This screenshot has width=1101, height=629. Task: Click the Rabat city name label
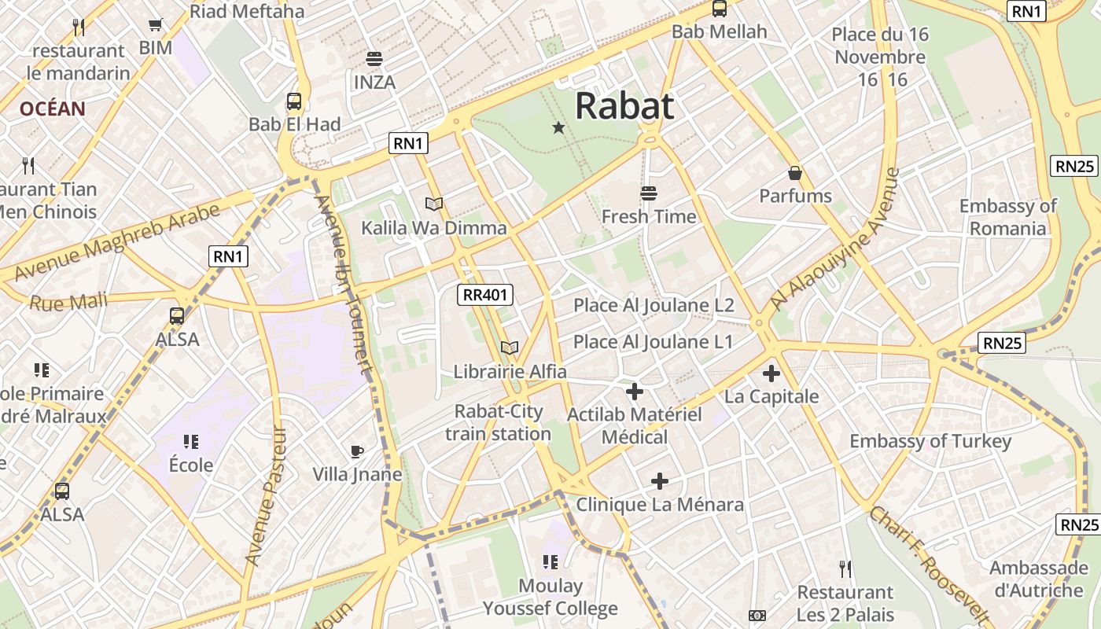(624, 106)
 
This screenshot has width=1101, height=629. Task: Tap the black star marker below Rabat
(558, 127)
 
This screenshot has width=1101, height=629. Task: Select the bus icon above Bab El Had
(294, 101)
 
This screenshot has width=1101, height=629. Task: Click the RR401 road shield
(485, 295)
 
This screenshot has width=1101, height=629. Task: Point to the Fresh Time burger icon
(649, 193)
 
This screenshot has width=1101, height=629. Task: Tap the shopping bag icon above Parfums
(795, 173)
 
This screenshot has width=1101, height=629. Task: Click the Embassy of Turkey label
(930, 441)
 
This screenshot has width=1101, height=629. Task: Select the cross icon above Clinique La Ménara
(660, 480)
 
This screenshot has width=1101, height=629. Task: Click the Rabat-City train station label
(498, 422)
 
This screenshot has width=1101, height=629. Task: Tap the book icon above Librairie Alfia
(510, 348)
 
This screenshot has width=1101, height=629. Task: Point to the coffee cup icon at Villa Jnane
(357, 451)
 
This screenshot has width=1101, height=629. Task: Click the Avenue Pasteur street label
(265, 497)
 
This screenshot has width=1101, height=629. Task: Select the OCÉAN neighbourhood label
(52, 109)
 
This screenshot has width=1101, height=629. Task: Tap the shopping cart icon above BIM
(156, 25)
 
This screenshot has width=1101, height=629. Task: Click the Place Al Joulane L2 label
(654, 305)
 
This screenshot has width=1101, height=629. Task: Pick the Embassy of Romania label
(1007, 217)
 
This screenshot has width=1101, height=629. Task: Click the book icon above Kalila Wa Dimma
(434, 204)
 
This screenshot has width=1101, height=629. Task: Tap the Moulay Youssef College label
(550, 598)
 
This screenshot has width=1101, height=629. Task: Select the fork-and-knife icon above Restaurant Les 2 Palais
(845, 568)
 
